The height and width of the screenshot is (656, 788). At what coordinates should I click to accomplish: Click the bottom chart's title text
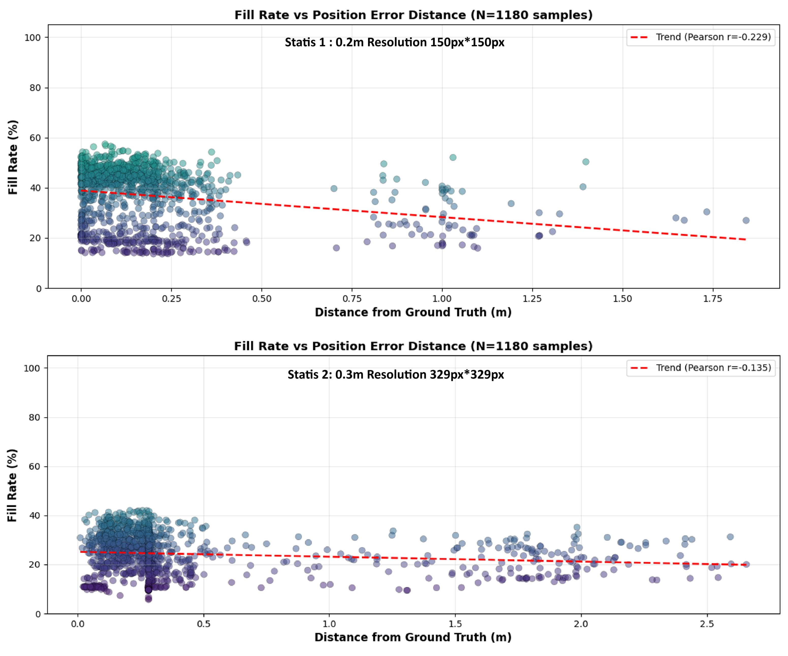click(413, 346)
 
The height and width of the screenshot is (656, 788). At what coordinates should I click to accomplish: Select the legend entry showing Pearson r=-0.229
click(701, 37)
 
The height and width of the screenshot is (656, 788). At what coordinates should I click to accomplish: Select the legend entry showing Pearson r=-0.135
click(701, 368)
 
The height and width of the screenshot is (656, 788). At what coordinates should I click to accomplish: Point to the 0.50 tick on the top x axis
click(262, 299)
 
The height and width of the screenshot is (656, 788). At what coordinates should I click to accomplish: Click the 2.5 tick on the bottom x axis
click(707, 624)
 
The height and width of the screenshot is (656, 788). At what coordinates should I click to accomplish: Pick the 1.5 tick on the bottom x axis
click(455, 624)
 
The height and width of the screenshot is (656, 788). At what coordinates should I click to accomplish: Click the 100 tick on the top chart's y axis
click(32, 38)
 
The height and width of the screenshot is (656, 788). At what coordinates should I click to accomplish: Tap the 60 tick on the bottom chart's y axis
click(34, 466)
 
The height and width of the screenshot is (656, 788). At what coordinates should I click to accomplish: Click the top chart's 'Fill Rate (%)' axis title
click(13, 157)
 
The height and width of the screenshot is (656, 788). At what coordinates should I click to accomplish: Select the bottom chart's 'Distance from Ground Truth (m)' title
click(413, 637)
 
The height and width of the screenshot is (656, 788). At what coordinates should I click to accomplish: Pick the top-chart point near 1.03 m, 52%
click(453, 157)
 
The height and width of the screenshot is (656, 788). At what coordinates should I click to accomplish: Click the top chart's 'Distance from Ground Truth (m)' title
click(413, 312)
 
